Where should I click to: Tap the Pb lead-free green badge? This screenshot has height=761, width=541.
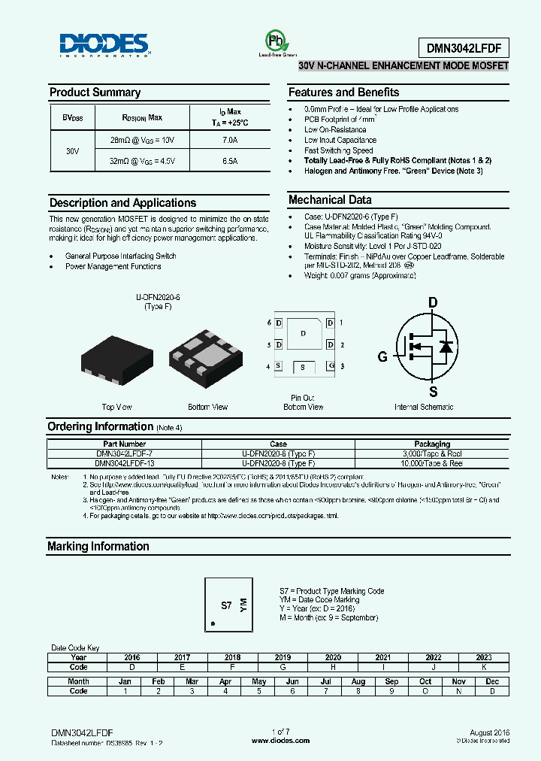(276, 42)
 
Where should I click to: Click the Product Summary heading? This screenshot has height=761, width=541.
(95, 92)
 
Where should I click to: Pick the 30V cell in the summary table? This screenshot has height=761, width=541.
(72, 150)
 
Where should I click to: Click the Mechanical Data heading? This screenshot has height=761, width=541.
(330, 200)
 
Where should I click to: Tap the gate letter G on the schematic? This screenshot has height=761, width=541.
(382, 357)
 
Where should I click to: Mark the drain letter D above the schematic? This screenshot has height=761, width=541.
(433, 303)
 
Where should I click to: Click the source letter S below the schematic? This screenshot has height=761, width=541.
(433, 392)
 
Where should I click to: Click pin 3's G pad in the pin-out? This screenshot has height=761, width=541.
(330, 366)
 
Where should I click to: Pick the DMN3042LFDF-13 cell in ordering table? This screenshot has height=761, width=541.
(124, 464)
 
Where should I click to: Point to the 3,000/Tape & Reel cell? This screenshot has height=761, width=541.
(432, 454)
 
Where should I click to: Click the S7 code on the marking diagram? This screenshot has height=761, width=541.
(225, 605)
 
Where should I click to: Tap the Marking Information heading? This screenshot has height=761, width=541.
(98, 547)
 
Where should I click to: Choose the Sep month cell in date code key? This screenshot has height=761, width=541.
(392, 681)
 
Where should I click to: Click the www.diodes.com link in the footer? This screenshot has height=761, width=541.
(280, 741)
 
